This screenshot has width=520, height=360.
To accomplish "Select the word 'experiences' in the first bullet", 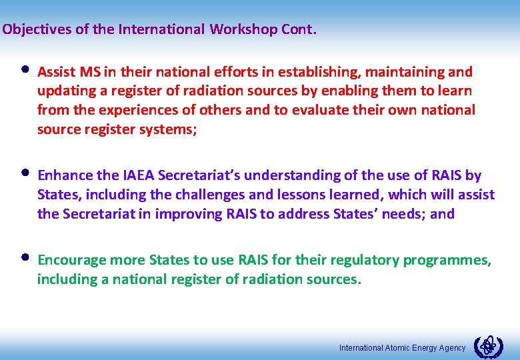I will [x=124, y=110].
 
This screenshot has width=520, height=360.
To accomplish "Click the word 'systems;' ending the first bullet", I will [x=171, y=129].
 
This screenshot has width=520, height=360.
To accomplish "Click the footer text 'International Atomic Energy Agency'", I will [x=402, y=348].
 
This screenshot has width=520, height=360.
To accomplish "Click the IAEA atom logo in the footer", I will [x=488, y=347].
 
